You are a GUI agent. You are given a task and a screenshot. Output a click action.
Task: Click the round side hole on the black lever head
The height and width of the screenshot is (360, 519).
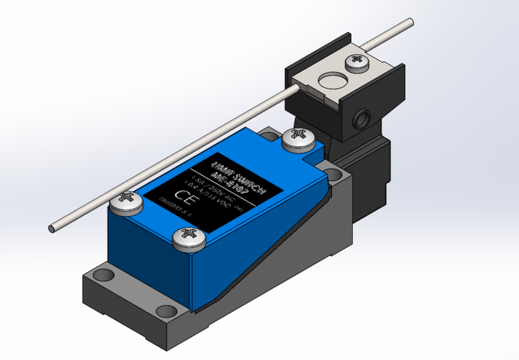point(359,119)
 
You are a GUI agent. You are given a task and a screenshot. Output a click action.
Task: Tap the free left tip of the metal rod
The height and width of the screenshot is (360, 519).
point(52,228)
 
